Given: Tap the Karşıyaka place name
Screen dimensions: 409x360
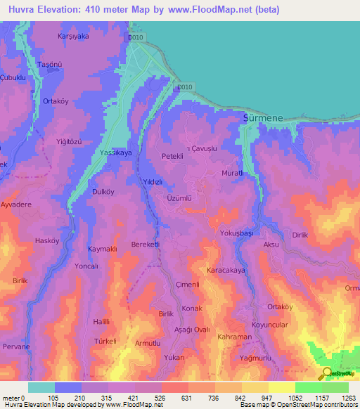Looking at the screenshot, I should coord(72,34).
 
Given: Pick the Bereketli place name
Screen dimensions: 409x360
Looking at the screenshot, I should coord(146,244).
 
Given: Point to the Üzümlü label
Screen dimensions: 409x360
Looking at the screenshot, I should coord(179,198).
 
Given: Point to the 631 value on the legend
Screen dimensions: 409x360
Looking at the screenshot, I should coord(186,398).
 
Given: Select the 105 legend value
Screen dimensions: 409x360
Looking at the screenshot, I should coord(53,398).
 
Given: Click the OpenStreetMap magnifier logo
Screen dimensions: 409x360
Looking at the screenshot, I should coord(327,373).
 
